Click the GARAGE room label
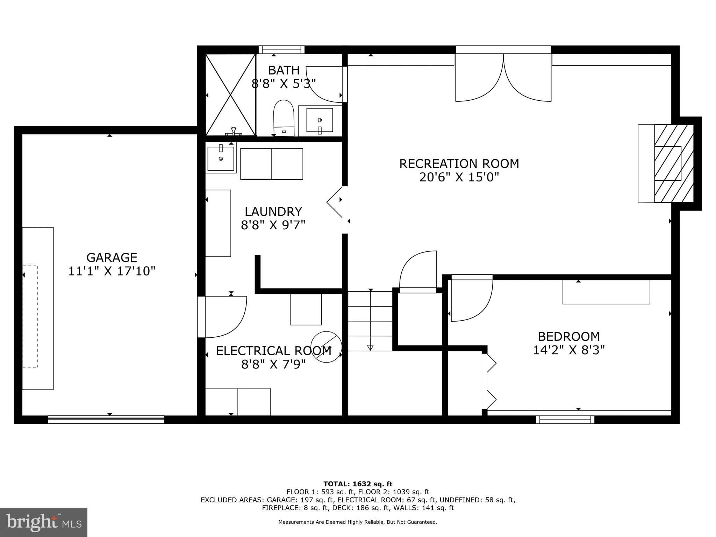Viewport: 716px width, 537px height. point(112,258)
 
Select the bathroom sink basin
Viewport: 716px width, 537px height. point(320,120)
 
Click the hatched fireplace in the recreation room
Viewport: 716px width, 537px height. point(673,163)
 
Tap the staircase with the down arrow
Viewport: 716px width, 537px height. point(370,321)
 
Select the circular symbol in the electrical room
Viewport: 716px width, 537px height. point(326,346)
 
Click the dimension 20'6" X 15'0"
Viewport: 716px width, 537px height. point(459,177)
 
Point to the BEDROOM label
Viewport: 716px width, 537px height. point(568,336)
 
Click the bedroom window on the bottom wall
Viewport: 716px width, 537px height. point(565,419)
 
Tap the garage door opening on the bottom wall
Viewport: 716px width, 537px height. point(106,419)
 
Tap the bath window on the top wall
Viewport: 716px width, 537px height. point(281,50)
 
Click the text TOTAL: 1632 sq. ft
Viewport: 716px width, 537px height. point(358,484)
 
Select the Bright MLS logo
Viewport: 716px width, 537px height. point(44,522)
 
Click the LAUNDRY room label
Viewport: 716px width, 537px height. point(273,212)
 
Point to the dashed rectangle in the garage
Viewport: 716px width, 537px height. point(30,316)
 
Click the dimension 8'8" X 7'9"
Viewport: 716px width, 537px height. point(273,365)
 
